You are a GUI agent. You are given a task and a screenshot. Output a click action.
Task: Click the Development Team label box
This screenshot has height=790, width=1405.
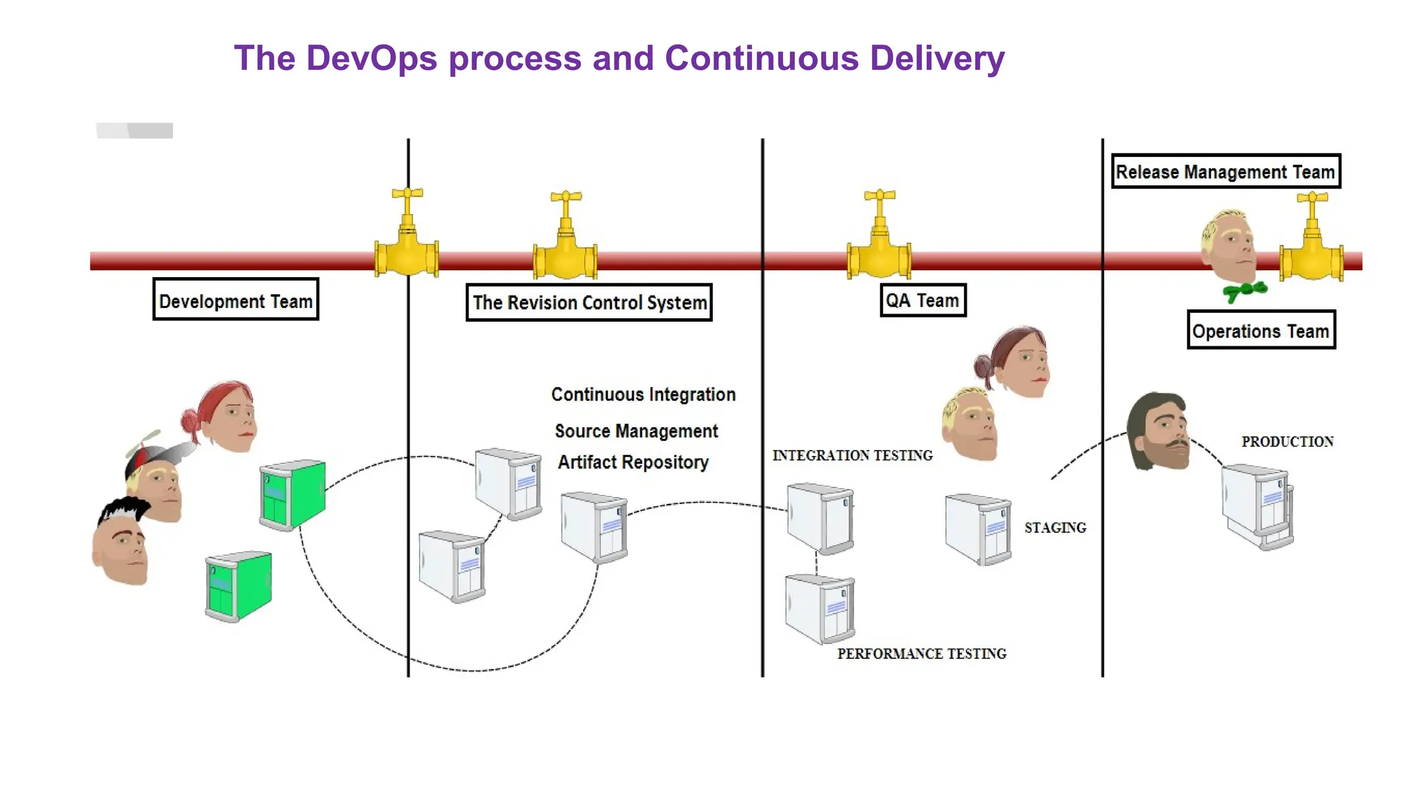click(x=235, y=300)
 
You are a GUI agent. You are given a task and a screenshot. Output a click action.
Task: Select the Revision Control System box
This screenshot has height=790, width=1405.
click(x=589, y=302)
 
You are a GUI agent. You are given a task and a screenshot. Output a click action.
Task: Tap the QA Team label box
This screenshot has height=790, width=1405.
click(x=923, y=300)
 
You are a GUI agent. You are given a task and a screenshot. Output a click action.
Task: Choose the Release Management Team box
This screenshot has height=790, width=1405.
click(x=1225, y=171)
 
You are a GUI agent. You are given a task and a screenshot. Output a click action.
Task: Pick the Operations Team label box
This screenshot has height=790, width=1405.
click(x=1261, y=331)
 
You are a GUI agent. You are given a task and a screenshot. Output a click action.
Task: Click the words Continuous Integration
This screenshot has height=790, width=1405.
click(x=643, y=394)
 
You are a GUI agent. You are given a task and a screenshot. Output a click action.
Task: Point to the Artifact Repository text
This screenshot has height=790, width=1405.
click(x=633, y=462)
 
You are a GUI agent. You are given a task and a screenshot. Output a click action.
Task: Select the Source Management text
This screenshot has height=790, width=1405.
click(x=636, y=431)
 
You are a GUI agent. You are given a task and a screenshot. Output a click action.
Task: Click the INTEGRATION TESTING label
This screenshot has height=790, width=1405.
click(x=852, y=455)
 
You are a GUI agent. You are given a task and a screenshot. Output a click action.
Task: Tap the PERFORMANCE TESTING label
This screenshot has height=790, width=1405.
click(x=921, y=654)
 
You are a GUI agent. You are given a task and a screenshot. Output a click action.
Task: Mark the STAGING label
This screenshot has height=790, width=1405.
click(x=1055, y=527)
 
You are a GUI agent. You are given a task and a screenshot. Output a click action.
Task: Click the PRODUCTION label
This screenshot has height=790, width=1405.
click(x=1287, y=442)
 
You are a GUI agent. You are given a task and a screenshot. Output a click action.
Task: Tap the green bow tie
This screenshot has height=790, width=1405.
click(x=1244, y=291)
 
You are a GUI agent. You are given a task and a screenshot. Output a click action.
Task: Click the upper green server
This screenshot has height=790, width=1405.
click(x=293, y=494)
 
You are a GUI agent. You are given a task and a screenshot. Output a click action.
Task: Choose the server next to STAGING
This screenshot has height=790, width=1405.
click(x=978, y=529)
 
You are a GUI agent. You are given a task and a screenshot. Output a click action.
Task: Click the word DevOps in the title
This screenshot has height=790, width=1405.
click(x=371, y=58)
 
